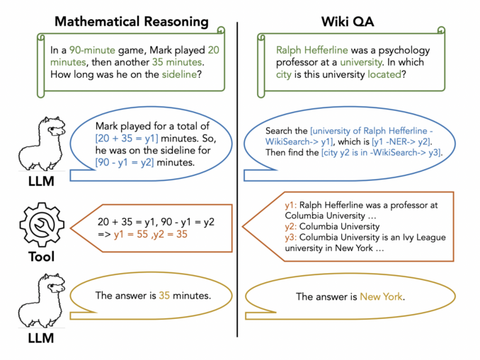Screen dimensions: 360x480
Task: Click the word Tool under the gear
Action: [x=41, y=257]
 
